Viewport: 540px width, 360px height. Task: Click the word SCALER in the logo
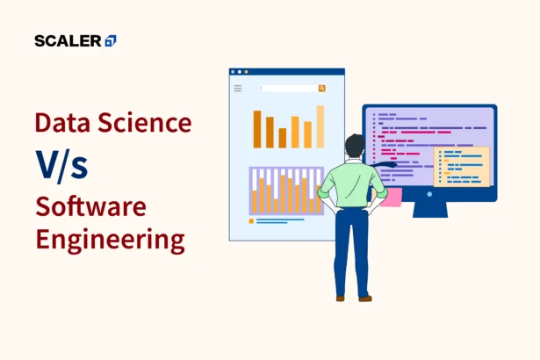68,40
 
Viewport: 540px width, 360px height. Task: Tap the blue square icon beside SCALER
110,40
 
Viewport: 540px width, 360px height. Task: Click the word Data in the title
62,122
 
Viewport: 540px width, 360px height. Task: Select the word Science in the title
142,122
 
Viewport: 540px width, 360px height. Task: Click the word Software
90,207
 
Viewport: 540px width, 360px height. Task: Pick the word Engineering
110,239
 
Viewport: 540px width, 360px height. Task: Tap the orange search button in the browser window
322,89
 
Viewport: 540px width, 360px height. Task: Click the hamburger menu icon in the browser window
237,89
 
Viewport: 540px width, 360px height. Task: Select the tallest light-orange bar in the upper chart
320,126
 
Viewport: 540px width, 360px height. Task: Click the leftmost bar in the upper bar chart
257,129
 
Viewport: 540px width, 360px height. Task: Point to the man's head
355,147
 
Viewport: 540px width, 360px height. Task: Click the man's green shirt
352,184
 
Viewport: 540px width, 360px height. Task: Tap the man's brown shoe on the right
365,299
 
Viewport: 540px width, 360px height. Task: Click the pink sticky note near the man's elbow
392,197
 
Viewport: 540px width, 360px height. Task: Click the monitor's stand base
429,213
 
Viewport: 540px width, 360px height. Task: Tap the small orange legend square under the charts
251,221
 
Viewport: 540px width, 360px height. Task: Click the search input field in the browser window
289,89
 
